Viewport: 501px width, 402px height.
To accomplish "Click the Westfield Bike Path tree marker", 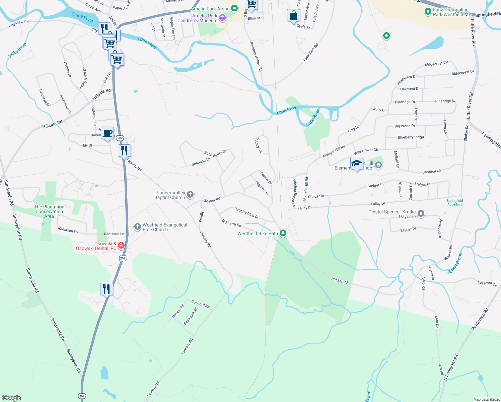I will point(283,233).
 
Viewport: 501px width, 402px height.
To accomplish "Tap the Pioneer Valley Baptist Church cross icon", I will point(190,195).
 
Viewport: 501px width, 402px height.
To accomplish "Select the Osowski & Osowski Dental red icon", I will point(121,246).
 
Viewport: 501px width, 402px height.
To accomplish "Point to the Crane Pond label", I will point(82,17).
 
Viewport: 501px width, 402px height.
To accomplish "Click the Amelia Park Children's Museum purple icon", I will point(222,17).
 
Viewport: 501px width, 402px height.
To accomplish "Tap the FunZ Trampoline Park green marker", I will point(428,12).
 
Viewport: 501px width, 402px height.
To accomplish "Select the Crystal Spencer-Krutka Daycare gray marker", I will point(421,213).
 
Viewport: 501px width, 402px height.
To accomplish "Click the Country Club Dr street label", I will point(246,213).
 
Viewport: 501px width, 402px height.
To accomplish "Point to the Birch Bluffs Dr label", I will point(215,153).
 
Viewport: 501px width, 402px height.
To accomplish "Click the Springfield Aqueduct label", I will point(454,202).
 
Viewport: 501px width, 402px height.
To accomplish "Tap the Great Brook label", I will point(455,263).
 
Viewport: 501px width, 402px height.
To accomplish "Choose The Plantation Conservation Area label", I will point(49,211).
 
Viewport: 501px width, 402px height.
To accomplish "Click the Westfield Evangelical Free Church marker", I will point(137,227).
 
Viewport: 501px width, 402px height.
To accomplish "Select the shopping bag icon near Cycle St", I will point(293,15).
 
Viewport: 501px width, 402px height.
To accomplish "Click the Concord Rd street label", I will point(200,304).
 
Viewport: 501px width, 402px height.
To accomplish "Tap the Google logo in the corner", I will point(11,398).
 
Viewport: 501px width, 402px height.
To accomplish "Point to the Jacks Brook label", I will point(18,50).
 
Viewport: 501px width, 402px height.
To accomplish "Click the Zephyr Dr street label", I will point(408,229).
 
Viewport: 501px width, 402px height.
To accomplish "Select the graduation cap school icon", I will point(357,163).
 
